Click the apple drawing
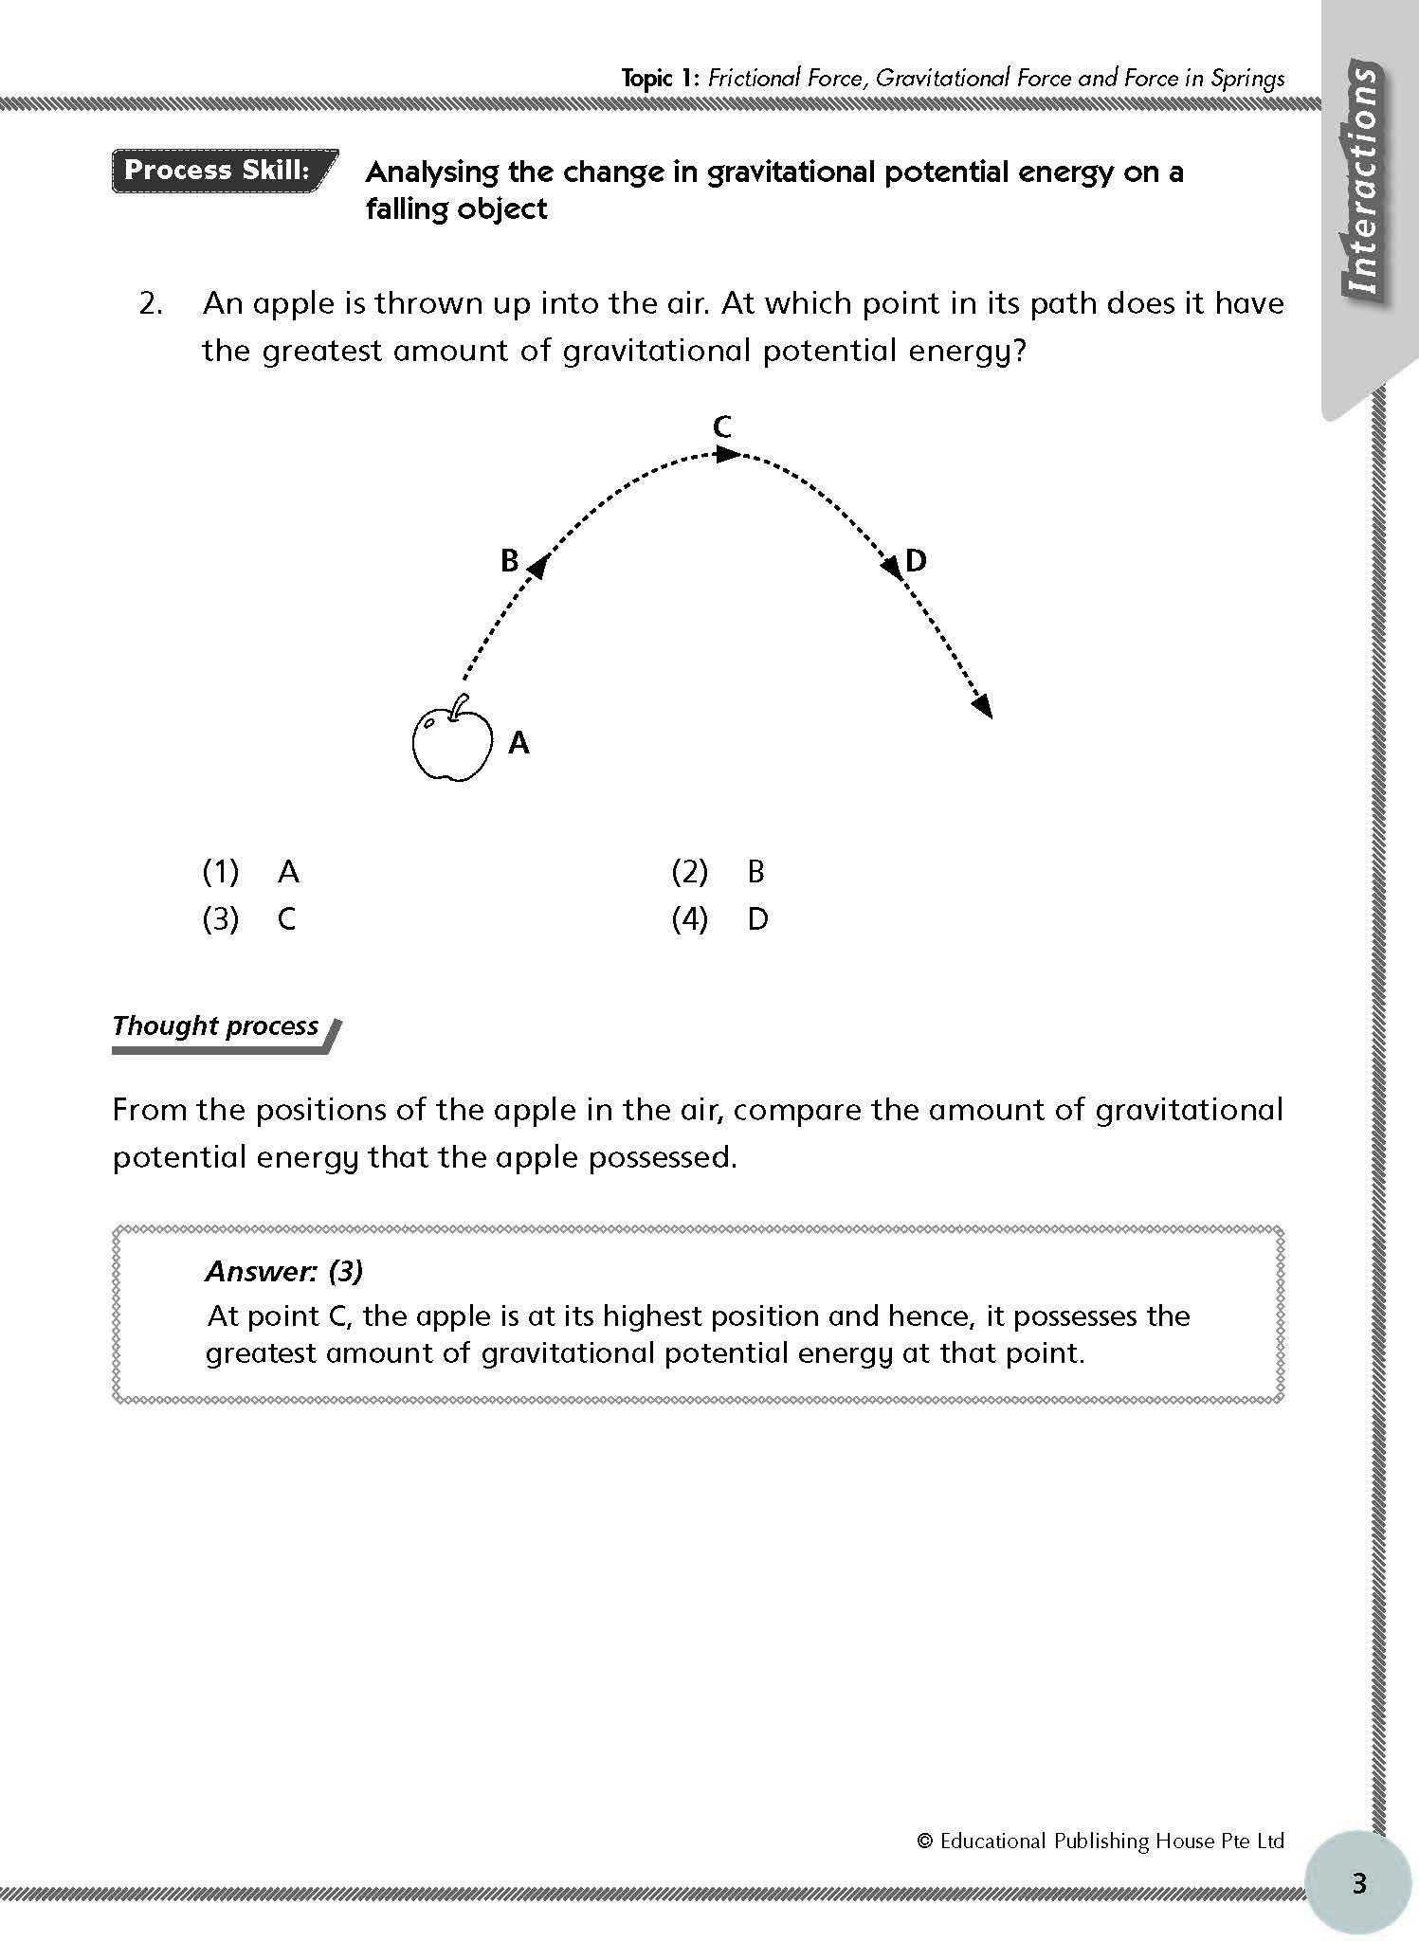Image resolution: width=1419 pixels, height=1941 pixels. (x=452, y=745)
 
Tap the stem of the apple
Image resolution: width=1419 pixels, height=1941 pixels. (x=460, y=706)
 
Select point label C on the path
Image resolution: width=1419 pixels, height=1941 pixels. (x=722, y=427)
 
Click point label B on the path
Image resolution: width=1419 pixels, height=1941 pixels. (x=510, y=562)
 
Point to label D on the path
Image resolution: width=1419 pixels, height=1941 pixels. (x=916, y=561)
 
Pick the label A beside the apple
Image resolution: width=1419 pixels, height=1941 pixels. (x=518, y=742)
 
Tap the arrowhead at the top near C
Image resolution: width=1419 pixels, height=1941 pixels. (x=727, y=455)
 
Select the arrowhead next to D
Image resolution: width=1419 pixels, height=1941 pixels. (x=891, y=567)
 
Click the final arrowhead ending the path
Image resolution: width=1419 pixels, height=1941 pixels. (x=983, y=706)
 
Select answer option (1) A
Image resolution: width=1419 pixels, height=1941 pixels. (x=251, y=871)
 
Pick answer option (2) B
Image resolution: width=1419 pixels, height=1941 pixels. (x=718, y=871)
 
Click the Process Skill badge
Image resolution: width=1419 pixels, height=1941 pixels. (x=224, y=171)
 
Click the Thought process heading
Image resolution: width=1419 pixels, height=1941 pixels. (x=216, y=1026)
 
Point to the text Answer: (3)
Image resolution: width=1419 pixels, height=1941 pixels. (x=284, y=1271)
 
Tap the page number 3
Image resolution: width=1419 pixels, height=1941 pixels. (x=1359, y=1882)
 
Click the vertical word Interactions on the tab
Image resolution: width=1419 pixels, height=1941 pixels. (x=1363, y=180)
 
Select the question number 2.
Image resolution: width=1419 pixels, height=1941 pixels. (x=151, y=303)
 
